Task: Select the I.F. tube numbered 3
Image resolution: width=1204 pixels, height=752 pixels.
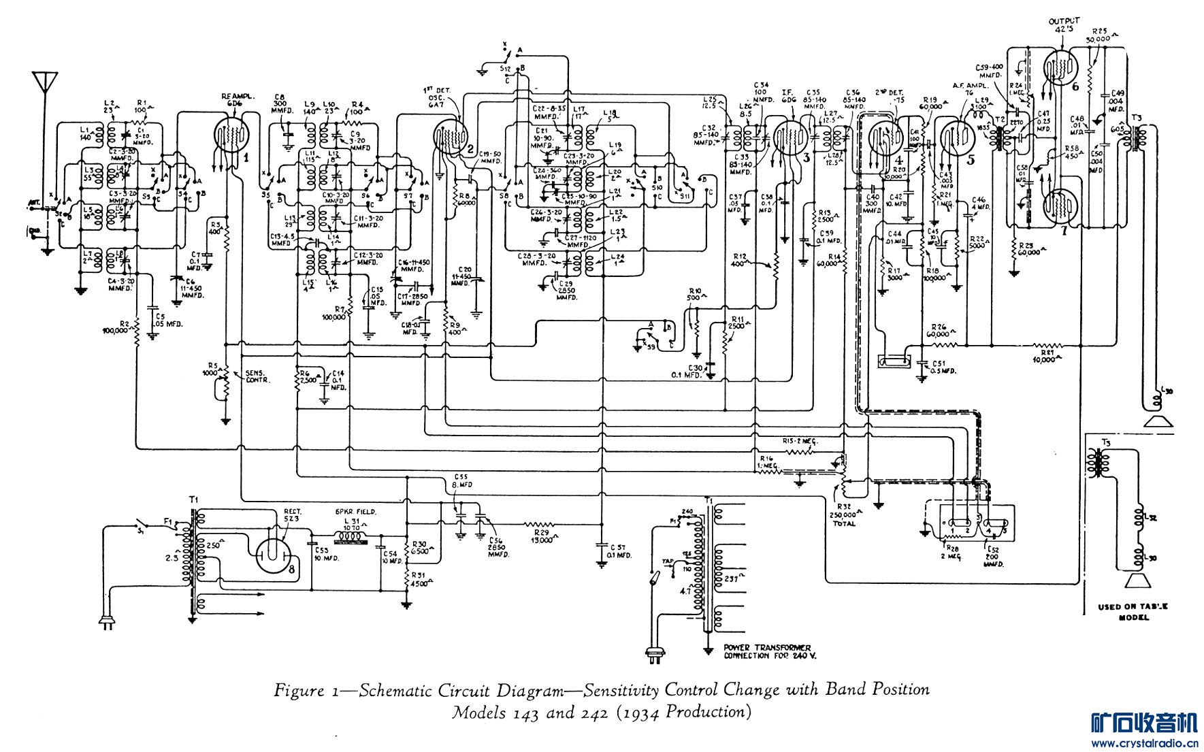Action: tap(790, 135)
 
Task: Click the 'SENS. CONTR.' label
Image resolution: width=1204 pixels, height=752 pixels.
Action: tap(257, 376)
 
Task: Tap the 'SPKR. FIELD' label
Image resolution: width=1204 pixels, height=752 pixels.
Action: tap(355, 512)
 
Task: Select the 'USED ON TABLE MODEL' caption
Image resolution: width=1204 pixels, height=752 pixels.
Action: tap(1133, 612)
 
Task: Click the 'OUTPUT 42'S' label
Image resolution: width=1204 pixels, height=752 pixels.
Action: tap(1064, 26)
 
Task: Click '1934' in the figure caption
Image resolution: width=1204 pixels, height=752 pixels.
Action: tap(640, 713)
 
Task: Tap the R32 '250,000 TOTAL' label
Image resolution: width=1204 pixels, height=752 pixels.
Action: tap(845, 519)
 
